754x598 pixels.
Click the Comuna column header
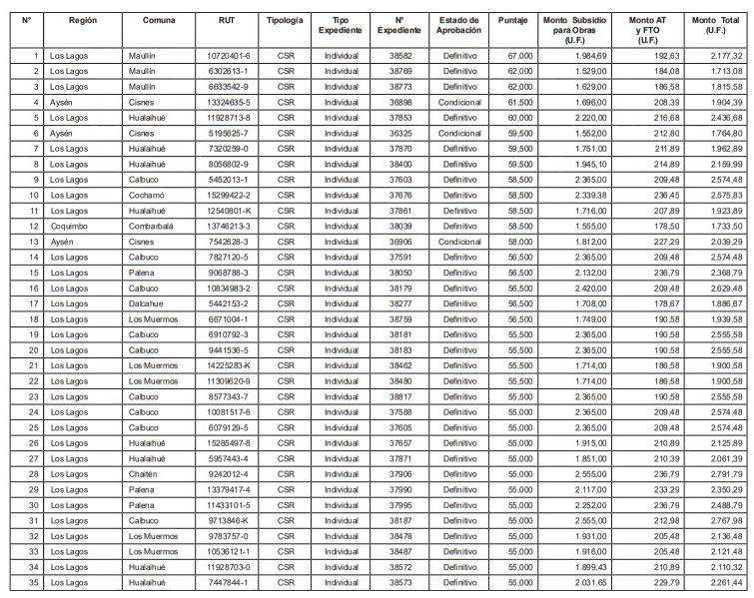(x=159, y=20)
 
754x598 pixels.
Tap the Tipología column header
(x=287, y=20)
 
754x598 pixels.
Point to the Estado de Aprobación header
(x=460, y=26)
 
